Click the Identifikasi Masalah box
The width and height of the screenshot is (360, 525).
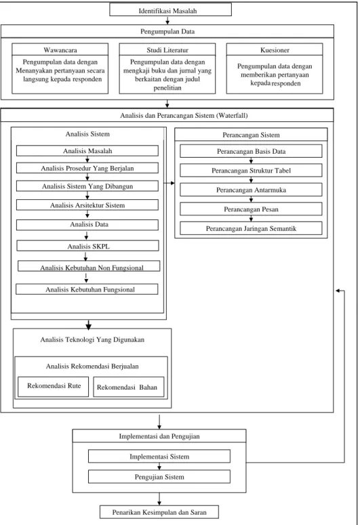tap(170, 10)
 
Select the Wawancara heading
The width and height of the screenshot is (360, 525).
tap(60, 50)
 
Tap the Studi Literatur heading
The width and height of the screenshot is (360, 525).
tap(167, 50)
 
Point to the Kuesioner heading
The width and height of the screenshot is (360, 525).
tap(275, 50)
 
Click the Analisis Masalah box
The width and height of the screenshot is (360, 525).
tap(87, 150)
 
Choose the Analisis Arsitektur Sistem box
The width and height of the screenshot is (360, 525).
tap(87, 205)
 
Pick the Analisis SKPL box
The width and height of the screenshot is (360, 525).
tap(88, 246)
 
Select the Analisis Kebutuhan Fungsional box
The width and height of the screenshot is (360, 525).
tap(87, 289)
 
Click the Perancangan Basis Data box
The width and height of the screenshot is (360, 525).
tap(251, 151)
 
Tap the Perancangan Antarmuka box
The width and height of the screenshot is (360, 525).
tap(251, 190)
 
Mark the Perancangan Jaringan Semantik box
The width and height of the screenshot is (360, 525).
tap(251, 228)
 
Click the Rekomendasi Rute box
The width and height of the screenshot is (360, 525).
tap(54, 386)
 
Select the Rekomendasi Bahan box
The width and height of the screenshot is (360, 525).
tap(129, 387)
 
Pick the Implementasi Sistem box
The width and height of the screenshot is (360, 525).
tap(159, 457)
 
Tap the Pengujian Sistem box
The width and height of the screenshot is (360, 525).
tap(159, 476)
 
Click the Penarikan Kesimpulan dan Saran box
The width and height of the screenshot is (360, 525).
tap(159, 512)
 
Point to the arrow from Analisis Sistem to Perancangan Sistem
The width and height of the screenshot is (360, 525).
tap(169, 183)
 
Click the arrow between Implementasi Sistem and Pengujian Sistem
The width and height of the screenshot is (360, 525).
tap(159, 467)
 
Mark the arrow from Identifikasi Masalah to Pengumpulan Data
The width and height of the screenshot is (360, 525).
tap(167, 20)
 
